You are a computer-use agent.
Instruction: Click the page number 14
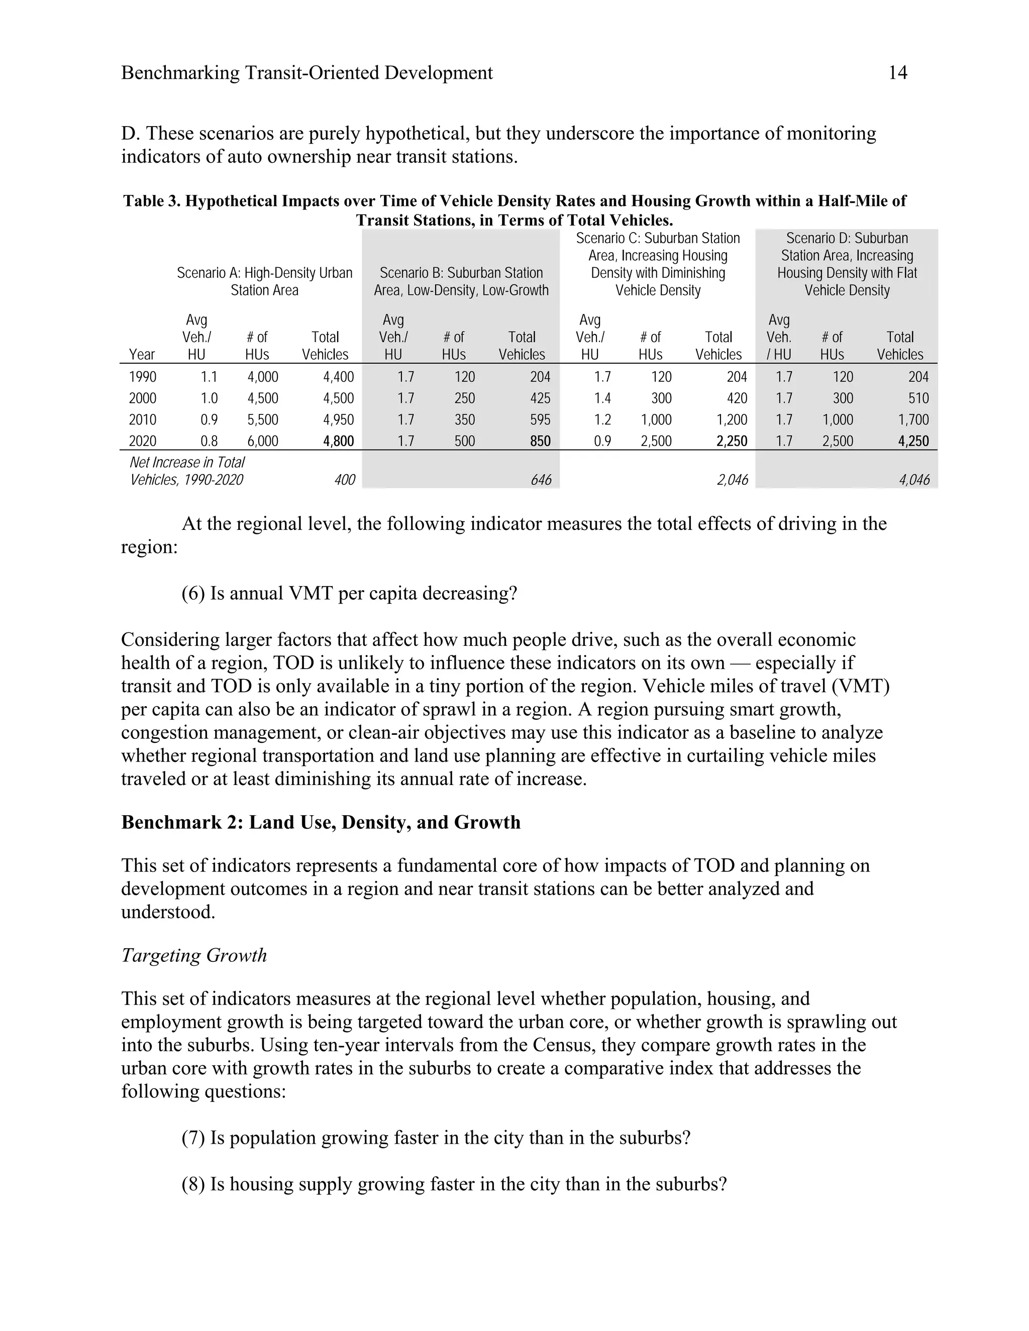coord(897,73)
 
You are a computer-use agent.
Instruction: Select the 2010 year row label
coord(143,420)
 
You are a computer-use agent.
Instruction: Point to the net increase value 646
coord(541,480)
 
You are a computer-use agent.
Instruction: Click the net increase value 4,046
coord(914,480)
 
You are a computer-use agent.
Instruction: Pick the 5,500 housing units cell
coord(263,420)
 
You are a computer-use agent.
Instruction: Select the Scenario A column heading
coord(265,282)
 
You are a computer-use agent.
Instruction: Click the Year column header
coord(142,355)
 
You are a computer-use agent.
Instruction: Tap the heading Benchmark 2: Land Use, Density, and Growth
coord(321,822)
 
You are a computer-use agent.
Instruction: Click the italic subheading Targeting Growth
coord(194,955)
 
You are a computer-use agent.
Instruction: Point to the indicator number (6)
coord(193,593)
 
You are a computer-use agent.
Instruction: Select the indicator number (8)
coord(193,1184)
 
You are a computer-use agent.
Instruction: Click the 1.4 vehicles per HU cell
coord(602,399)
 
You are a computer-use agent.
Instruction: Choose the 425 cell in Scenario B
coord(540,399)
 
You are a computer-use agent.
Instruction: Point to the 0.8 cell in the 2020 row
coord(209,441)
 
